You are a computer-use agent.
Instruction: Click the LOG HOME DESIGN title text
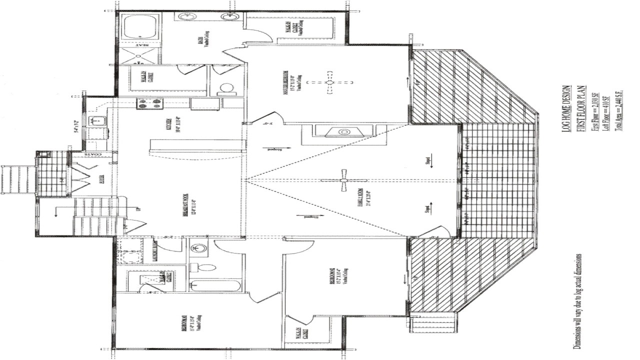pos(565,108)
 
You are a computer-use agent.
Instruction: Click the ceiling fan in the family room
pos(343,180)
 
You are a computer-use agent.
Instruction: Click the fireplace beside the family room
pos(343,132)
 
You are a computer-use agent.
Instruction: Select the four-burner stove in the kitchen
pos(150,103)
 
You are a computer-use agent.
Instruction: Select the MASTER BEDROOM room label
pos(288,82)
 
